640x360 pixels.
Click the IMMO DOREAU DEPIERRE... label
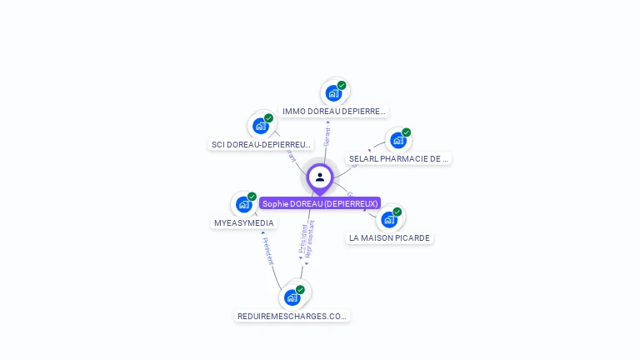pos(333,111)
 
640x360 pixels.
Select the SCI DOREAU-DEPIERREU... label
pos(261,144)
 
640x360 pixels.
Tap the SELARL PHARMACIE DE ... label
pos(398,158)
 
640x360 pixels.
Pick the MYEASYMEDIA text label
pos(244,223)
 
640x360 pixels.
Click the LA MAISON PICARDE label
pos(389,237)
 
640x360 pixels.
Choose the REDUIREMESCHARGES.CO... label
pos(292,316)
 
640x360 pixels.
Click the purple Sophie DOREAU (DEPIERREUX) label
pos(320,203)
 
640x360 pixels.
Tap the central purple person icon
pos(320,177)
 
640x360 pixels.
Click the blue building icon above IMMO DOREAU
pos(333,93)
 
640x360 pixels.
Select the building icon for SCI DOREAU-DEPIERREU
pos(260,126)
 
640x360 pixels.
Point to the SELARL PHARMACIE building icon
pos(397,140)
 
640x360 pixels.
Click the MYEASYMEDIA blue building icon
pos(243,204)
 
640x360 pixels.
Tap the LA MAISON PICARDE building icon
pos(388,219)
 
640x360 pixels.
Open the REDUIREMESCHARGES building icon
pos(292,297)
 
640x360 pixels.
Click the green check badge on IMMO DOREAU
pos(342,85)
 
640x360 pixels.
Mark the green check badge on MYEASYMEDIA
pos(252,197)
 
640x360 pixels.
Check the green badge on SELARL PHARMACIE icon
pos(406,132)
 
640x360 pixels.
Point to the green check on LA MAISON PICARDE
pos(397,212)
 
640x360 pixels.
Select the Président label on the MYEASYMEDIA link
pos(267,250)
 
